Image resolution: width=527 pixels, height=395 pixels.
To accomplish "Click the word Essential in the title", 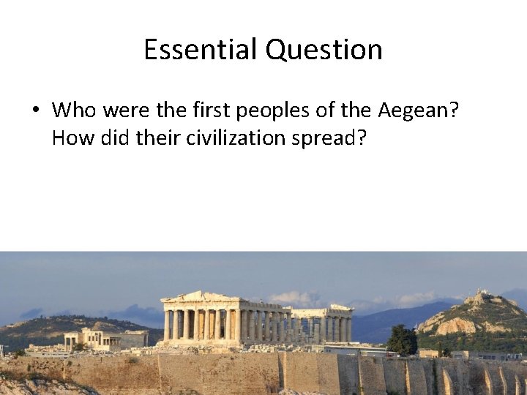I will click(201, 50).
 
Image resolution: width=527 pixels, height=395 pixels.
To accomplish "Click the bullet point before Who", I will click(35, 111).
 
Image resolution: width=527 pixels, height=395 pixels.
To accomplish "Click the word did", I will click(112, 138).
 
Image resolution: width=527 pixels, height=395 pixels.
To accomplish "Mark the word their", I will click(156, 138).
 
